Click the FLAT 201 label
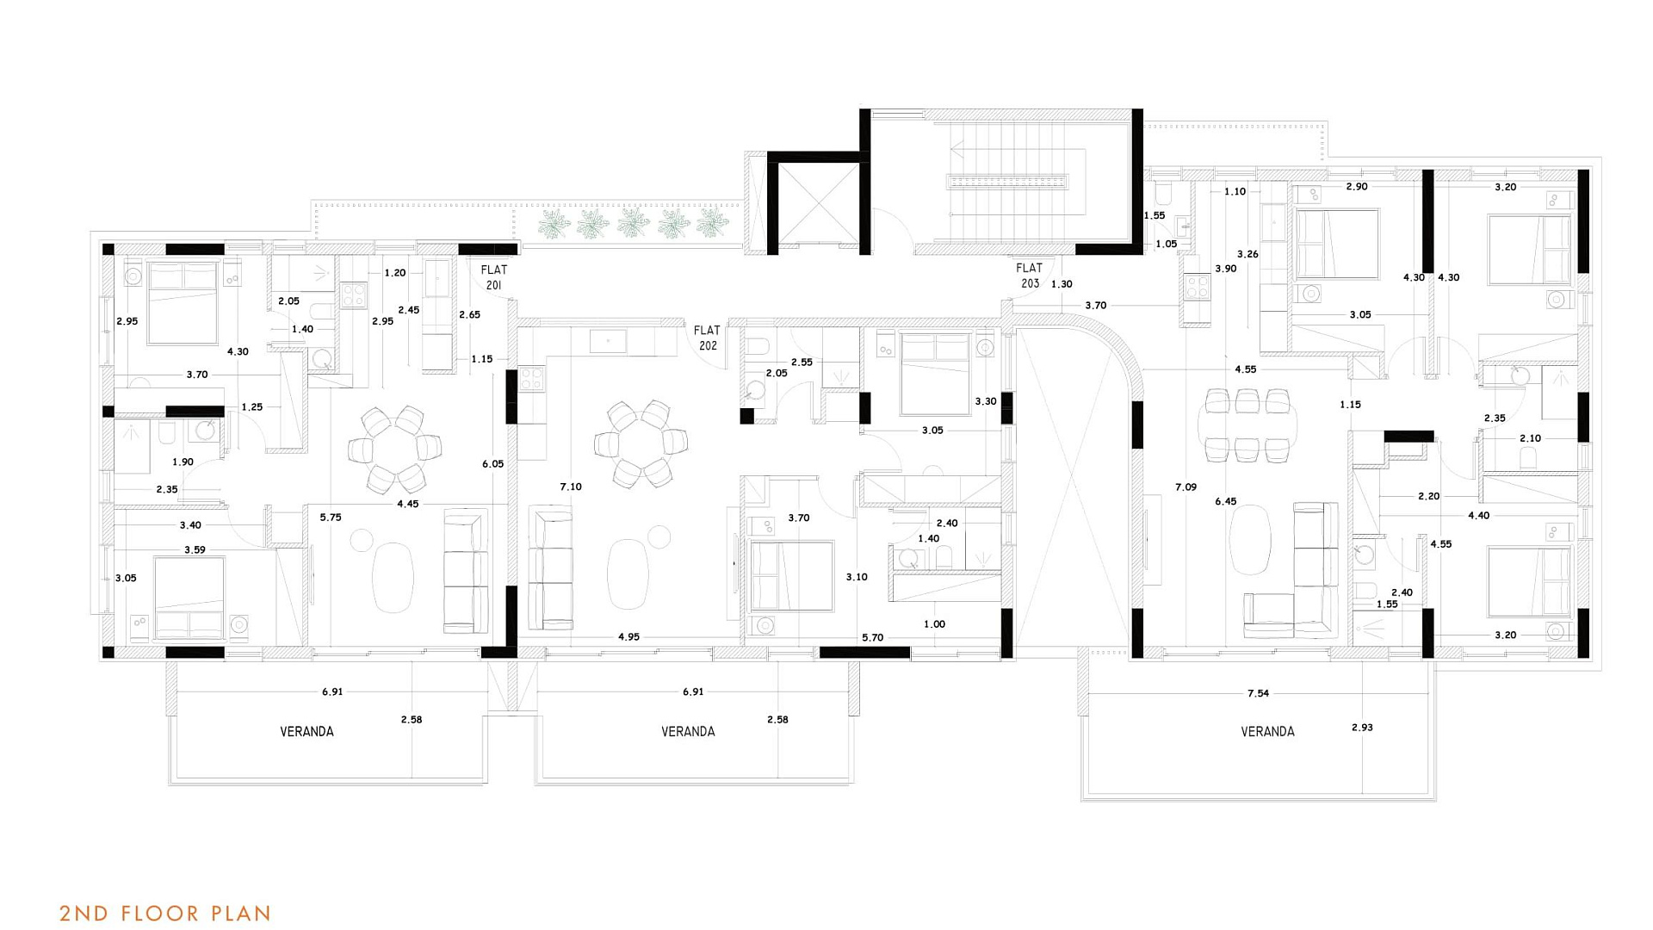[x=494, y=277]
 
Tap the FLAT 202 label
[x=707, y=338]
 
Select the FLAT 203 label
[x=1030, y=276]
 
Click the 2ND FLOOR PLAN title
[x=165, y=914]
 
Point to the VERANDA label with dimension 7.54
[x=1267, y=732]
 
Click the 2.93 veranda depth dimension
[x=1362, y=728]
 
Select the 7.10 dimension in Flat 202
[x=571, y=487]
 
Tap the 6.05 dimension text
[x=493, y=464]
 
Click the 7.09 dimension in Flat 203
[x=1186, y=487]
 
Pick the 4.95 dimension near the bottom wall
[x=628, y=637]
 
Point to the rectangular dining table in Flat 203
[x=1247, y=425]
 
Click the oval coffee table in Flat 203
[x=1250, y=540]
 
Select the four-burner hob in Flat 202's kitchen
[x=531, y=380]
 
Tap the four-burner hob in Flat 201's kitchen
[x=354, y=295]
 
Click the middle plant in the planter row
[x=633, y=223]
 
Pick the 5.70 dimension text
[x=872, y=638]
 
